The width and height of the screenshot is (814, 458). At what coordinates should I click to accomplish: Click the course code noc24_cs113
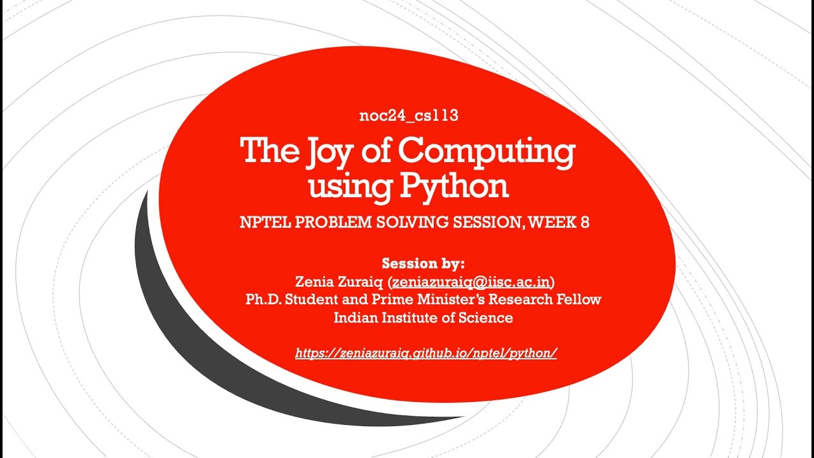point(409,116)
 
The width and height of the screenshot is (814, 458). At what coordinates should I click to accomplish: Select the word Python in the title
point(454,186)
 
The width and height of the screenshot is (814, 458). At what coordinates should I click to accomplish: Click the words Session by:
point(424,263)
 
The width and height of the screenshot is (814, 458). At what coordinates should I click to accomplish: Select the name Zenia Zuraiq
point(340,281)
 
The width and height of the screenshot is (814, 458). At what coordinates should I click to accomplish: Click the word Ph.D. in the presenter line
point(263,299)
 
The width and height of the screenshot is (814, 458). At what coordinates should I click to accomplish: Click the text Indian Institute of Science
point(424,317)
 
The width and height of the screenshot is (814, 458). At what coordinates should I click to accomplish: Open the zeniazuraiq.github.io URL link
point(426,353)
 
